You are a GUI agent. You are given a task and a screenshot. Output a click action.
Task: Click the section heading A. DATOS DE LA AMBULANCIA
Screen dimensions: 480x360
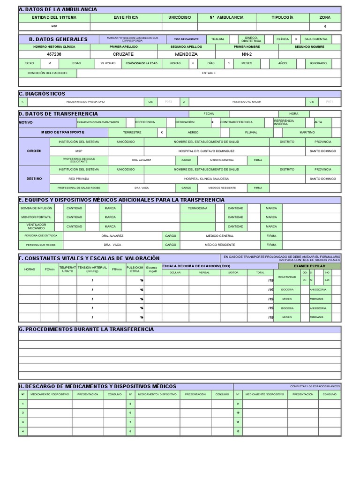point(58,9)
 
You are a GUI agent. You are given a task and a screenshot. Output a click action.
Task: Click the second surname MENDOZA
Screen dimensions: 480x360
point(187,54)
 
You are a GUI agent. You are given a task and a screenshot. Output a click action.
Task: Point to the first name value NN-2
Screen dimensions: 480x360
point(247,54)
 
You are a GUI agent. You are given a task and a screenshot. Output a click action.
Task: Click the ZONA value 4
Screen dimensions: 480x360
point(324,27)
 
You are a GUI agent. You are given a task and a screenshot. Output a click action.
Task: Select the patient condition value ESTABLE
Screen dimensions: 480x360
point(209,73)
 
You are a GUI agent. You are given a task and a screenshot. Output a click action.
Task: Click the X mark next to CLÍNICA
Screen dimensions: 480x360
point(296,39)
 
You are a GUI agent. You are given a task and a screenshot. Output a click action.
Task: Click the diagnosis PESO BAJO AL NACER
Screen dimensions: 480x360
point(247,102)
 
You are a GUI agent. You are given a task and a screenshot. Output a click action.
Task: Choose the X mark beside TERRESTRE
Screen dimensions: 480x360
point(162,133)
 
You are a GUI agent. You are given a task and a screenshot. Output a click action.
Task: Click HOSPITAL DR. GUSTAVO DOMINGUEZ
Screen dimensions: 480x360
point(207,151)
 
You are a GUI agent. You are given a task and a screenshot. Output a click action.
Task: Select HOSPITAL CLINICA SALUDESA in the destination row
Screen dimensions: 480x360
point(207,179)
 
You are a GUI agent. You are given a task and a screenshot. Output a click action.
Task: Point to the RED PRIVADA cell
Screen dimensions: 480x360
point(78,179)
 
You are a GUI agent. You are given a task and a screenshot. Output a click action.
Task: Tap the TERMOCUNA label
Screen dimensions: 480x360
point(197,208)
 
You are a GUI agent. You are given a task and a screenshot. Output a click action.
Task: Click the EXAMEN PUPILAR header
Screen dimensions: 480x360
point(309,266)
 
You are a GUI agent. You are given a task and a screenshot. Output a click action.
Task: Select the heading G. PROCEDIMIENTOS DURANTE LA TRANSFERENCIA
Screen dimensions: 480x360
point(86,330)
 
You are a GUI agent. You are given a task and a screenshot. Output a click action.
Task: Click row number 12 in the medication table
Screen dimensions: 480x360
point(238,431)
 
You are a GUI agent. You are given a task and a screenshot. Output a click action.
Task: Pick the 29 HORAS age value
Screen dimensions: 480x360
point(108,63)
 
